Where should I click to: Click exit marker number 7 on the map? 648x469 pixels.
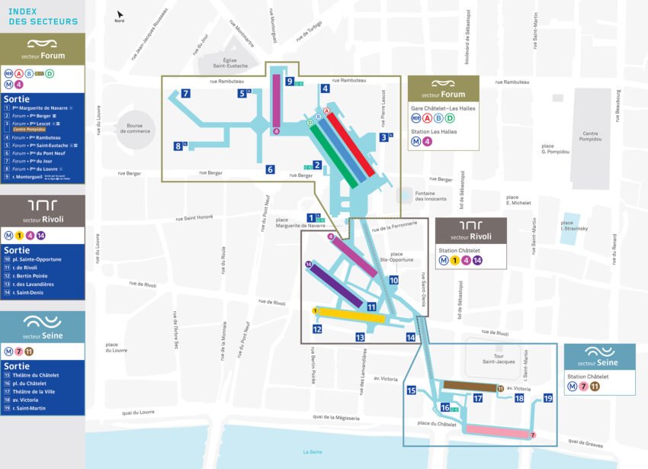point(185,94)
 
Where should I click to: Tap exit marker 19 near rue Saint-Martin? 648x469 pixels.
point(547,398)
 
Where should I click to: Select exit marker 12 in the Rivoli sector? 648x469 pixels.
point(316,329)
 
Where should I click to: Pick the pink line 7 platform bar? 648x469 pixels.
point(499,432)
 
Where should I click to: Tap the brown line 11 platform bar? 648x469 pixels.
point(469,387)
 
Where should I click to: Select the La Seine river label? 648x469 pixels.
point(312,452)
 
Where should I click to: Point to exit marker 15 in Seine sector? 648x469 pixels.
point(411,390)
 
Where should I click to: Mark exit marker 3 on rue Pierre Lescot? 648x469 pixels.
point(383,137)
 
